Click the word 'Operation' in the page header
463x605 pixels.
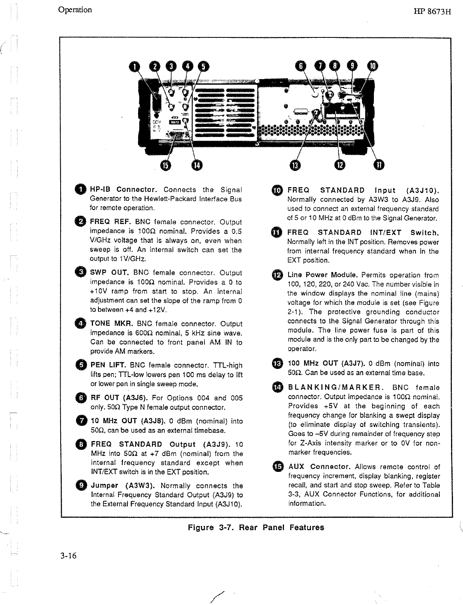[x=75, y=10]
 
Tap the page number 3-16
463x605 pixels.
[x=68, y=556]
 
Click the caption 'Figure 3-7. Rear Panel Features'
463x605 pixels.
[x=256, y=527]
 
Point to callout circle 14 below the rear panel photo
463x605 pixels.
[x=196, y=165]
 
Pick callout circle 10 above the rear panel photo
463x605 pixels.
[x=373, y=66]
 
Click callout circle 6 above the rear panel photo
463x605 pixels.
[x=300, y=66]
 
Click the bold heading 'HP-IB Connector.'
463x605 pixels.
[x=123, y=190]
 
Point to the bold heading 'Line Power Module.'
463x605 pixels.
[x=323, y=275]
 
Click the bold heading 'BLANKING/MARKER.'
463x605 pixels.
[x=336, y=387]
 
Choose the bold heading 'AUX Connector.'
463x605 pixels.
[x=319, y=467]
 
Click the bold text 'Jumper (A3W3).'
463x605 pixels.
[x=123, y=486]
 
